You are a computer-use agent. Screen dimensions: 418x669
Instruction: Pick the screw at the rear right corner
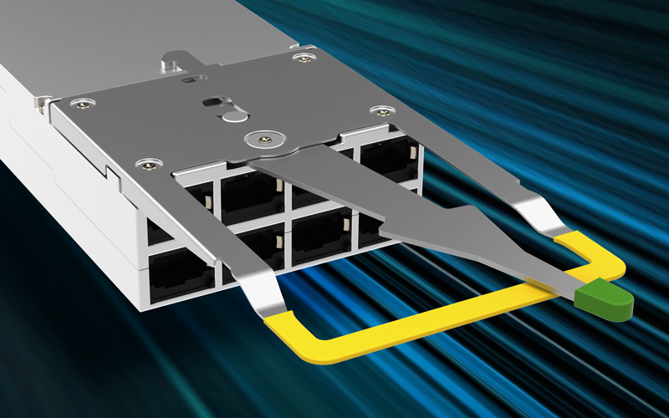pos(300,56)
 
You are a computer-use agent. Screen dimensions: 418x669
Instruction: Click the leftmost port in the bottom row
pos(180,272)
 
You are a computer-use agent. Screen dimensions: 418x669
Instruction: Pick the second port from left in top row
pos(251,194)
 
